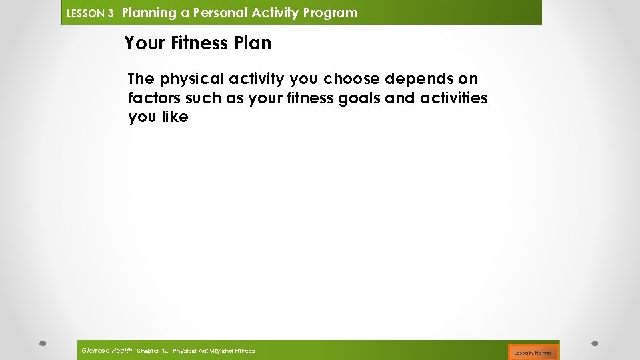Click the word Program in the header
331,13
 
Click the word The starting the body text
141,79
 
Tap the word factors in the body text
153,98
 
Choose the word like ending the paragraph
175,117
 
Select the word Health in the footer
122,350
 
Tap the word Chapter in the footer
147,351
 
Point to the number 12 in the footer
165,351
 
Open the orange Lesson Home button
533,352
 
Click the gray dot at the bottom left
42,344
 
